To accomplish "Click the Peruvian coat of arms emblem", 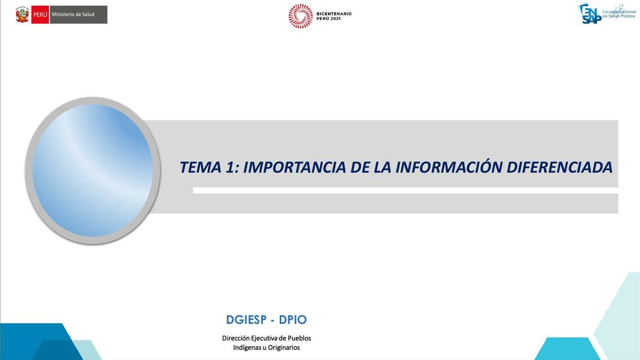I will point(23,15).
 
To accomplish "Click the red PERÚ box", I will point(41,15).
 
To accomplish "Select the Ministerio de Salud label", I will point(73,15).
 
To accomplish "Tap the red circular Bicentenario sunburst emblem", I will point(301,16).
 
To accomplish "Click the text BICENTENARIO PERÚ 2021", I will point(334,16).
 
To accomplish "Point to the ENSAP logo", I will point(591,13).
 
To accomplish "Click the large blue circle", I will point(93,170).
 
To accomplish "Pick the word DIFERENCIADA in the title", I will point(560,167).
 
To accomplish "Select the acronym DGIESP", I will point(246,319).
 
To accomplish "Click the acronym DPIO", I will point(293,319).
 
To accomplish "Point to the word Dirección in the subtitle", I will point(236,338).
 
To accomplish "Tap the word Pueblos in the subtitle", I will point(299,338).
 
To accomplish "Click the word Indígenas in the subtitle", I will point(247,348).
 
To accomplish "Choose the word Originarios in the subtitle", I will point(284,348).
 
